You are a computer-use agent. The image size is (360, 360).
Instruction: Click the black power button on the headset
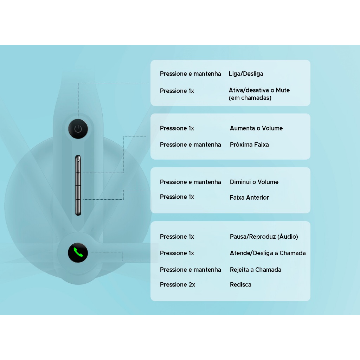click(78, 129)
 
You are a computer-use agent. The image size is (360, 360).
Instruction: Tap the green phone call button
click(78, 253)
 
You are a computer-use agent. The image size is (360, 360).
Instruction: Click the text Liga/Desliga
click(246, 74)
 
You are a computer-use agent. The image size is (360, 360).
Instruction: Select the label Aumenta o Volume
click(256, 128)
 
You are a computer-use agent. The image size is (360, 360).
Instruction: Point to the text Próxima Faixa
click(249, 144)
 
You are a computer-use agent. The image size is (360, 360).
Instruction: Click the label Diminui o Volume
click(254, 182)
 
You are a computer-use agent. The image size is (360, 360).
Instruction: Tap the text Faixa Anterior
click(249, 198)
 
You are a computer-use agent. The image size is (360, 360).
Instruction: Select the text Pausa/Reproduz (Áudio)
click(264, 237)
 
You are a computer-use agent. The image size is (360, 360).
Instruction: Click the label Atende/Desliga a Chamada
click(268, 253)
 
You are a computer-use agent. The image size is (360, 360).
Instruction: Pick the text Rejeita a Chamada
click(255, 270)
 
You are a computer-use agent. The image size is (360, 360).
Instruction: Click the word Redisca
click(240, 285)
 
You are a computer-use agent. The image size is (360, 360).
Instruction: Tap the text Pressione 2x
click(177, 285)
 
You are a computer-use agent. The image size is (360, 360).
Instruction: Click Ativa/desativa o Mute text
click(259, 90)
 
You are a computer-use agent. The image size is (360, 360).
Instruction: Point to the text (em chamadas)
click(250, 98)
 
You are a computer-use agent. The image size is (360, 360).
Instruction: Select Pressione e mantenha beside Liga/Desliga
click(190, 74)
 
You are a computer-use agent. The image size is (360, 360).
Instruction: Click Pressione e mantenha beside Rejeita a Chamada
click(190, 270)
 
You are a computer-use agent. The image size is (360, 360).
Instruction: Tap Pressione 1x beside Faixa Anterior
click(177, 197)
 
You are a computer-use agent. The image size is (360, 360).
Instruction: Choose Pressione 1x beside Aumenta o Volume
click(177, 128)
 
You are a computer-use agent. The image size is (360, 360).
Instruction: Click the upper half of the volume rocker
click(78, 170)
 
